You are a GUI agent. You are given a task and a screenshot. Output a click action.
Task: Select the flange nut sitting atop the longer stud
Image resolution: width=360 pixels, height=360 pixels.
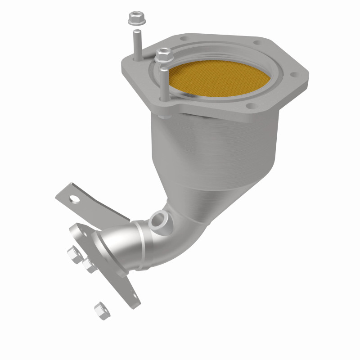point(162,56)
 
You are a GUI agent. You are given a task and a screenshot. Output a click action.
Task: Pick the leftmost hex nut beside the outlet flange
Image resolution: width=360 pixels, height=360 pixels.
point(74,253)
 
